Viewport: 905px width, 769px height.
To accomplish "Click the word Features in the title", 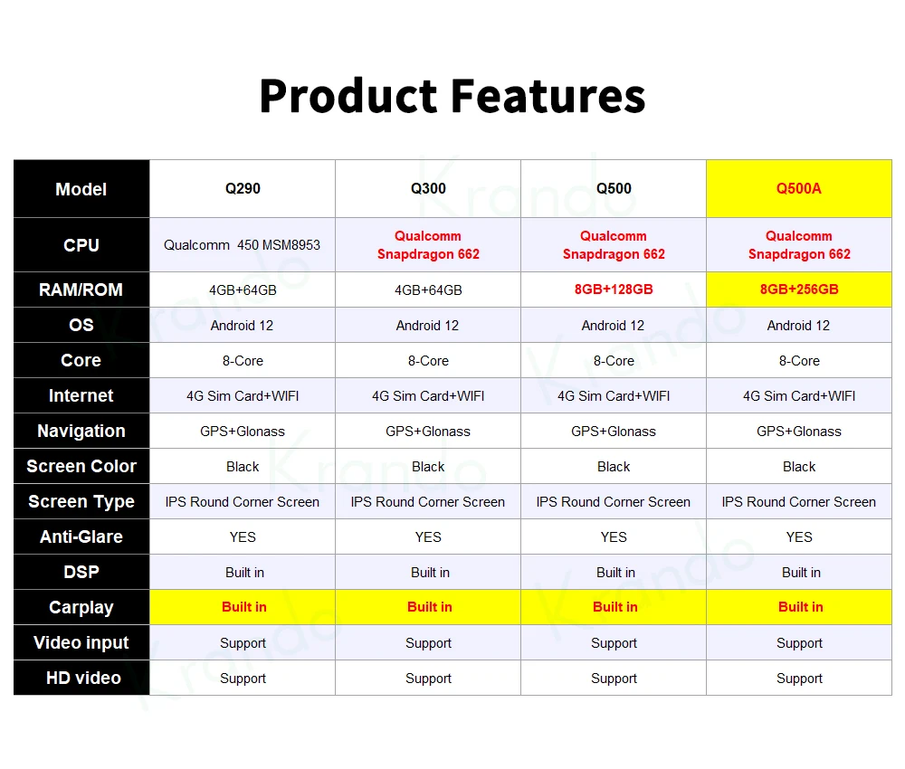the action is pyautogui.click(x=548, y=96).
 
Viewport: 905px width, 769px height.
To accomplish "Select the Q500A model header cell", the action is pyautogui.click(x=799, y=189).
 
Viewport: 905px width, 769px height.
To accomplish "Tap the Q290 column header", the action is pyautogui.click(x=243, y=189).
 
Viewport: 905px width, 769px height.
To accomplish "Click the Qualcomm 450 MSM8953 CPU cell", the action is pyautogui.click(x=243, y=244).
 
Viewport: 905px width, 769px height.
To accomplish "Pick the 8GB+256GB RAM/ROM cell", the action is pyautogui.click(x=799, y=290).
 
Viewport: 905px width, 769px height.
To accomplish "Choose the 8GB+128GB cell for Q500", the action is pyautogui.click(x=614, y=290).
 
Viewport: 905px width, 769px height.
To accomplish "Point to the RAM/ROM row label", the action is pyautogui.click(x=81, y=290).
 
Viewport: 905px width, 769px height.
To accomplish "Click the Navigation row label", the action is pyautogui.click(x=81, y=431).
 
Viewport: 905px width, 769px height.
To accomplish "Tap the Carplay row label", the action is pyautogui.click(x=81, y=607).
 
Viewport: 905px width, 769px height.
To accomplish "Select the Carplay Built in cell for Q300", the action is pyautogui.click(x=428, y=607).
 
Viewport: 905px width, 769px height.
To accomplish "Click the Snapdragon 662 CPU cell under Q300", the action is pyautogui.click(x=428, y=244).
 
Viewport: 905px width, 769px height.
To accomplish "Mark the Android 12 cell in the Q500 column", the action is pyautogui.click(x=614, y=326).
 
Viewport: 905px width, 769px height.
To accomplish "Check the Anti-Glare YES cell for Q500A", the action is pyautogui.click(x=799, y=537).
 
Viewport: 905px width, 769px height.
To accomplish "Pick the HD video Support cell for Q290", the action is pyautogui.click(x=243, y=679).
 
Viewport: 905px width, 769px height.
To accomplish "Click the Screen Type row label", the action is pyautogui.click(x=81, y=501).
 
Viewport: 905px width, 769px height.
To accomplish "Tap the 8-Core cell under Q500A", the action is pyautogui.click(x=799, y=361).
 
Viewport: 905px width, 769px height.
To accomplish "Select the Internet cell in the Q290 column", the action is pyautogui.click(x=243, y=395).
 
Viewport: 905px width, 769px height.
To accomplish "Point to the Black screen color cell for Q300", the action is pyautogui.click(x=428, y=466).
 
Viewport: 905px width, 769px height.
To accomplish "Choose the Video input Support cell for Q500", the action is pyautogui.click(x=614, y=642).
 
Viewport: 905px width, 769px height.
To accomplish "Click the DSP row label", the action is pyautogui.click(x=81, y=573).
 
